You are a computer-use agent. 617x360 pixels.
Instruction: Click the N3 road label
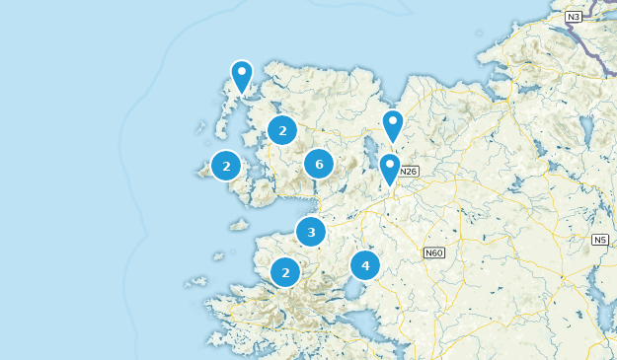[574, 17]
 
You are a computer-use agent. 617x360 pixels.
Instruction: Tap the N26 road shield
[410, 171]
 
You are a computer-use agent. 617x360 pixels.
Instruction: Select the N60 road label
[433, 252]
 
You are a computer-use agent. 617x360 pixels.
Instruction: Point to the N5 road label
[600, 240]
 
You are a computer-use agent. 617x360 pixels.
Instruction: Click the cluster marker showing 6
[318, 164]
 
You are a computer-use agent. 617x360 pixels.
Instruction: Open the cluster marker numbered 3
[311, 233]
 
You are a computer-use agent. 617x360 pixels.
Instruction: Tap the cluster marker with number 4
[365, 265]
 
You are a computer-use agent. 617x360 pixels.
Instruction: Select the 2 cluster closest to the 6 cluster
[282, 130]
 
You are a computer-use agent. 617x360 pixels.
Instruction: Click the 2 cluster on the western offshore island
[226, 166]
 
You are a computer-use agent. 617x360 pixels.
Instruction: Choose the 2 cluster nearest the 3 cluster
[285, 272]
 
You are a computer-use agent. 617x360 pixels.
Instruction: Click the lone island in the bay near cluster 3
[239, 224]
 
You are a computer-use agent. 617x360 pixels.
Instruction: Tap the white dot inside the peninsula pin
[242, 71]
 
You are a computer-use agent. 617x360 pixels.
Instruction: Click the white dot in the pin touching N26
[390, 163]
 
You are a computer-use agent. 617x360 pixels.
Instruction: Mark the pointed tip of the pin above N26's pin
[393, 144]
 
